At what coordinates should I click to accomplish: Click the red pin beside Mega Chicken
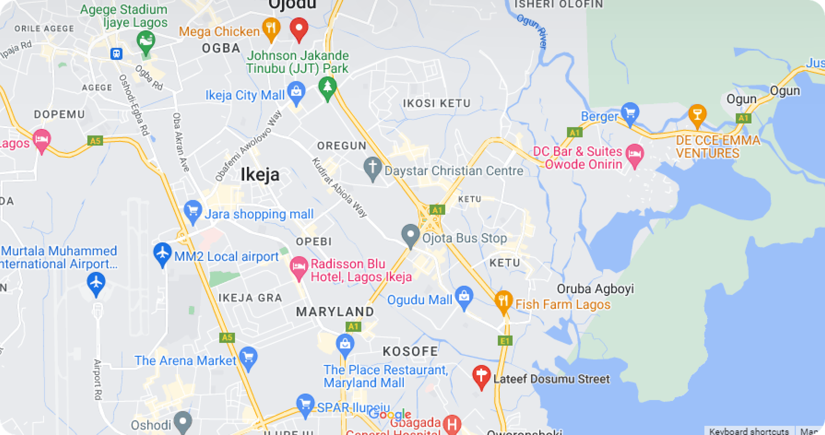click(299, 29)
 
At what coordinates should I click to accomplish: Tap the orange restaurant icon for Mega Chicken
click(271, 29)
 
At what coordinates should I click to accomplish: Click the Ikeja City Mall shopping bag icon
click(296, 93)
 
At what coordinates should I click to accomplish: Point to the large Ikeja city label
click(260, 175)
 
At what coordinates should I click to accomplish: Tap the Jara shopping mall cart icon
click(193, 211)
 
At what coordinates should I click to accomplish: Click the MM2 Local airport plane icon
click(162, 254)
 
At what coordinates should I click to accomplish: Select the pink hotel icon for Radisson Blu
click(299, 267)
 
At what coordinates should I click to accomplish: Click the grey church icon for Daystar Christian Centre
click(372, 168)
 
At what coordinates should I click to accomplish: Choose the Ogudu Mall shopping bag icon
click(464, 297)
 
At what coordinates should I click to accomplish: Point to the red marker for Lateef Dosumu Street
click(481, 376)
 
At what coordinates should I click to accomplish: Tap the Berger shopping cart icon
click(630, 113)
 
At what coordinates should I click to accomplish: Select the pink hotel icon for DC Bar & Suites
click(635, 155)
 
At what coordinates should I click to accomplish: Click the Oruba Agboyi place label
click(595, 289)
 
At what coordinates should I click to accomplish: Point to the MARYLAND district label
click(335, 312)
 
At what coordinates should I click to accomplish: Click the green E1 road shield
click(505, 341)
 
